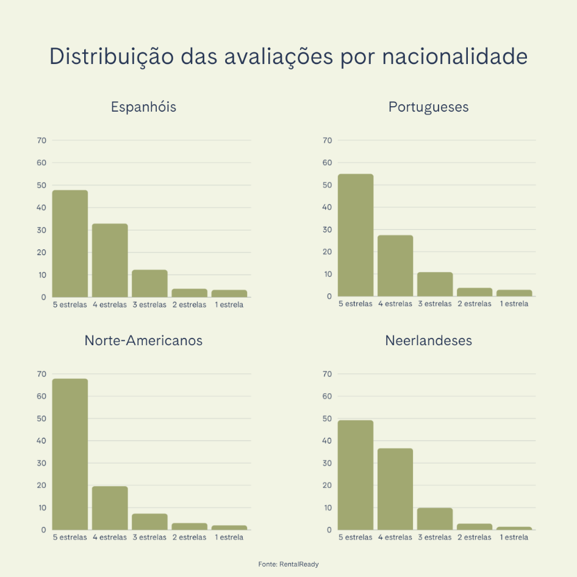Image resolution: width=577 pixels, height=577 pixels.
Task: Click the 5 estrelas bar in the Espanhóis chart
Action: pyautogui.click(x=70, y=243)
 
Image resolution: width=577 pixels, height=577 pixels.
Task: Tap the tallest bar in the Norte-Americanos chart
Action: pyautogui.click(x=70, y=454)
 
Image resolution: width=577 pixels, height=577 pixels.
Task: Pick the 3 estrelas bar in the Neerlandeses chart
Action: pyautogui.click(x=435, y=518)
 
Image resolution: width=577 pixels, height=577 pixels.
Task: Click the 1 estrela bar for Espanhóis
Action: pyautogui.click(x=229, y=293)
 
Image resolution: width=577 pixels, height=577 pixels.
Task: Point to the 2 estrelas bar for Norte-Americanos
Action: pyautogui.click(x=190, y=526)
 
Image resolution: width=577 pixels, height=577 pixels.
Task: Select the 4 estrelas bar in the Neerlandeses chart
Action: pyautogui.click(x=395, y=489)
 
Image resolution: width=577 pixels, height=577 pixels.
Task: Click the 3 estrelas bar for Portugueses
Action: pyautogui.click(x=435, y=284)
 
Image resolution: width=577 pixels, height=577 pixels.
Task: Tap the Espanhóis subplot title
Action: pyautogui.click(x=143, y=107)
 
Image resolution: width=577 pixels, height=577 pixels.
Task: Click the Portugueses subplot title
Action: pyautogui.click(x=428, y=107)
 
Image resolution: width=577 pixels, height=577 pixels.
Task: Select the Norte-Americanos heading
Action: pyautogui.click(x=143, y=340)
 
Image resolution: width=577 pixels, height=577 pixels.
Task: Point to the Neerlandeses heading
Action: pyautogui.click(x=428, y=340)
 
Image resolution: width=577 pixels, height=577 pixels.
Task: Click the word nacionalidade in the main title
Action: pyautogui.click(x=454, y=56)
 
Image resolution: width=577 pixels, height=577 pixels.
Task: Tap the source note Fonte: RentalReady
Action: pyautogui.click(x=288, y=564)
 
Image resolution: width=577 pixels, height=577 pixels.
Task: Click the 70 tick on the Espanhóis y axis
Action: pyautogui.click(x=41, y=140)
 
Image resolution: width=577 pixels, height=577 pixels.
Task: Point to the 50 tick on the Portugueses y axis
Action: pyautogui.click(x=327, y=185)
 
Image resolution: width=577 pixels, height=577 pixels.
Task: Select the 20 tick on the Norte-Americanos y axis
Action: pyautogui.click(x=41, y=485)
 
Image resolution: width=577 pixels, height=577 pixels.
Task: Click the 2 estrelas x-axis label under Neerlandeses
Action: pyautogui.click(x=474, y=537)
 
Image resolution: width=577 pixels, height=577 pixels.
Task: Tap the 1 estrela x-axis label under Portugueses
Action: pyautogui.click(x=514, y=304)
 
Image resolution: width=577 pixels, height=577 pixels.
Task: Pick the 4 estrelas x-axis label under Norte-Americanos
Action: pyautogui.click(x=110, y=537)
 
